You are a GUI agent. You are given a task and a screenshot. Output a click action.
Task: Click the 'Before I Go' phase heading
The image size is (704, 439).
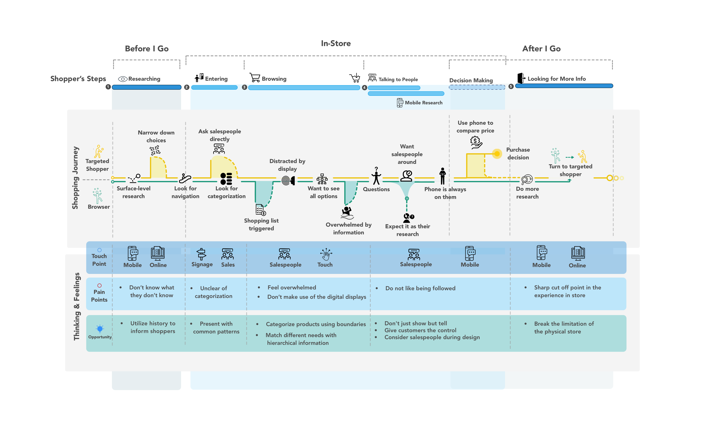147,49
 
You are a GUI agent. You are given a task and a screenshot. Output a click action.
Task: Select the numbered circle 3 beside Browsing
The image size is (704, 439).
244,87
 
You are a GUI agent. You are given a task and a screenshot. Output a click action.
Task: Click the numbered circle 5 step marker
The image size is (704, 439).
511,86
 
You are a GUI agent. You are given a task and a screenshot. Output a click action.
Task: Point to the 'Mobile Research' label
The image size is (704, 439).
423,103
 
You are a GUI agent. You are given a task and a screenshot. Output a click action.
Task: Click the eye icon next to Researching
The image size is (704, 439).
123,79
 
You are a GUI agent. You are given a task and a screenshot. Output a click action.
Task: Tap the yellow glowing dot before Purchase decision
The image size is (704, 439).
497,154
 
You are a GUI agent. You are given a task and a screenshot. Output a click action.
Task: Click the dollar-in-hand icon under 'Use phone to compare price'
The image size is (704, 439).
476,142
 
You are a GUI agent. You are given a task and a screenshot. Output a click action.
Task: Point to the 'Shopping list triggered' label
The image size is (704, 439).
261,224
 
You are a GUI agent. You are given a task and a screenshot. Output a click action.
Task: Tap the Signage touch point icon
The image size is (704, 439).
201,254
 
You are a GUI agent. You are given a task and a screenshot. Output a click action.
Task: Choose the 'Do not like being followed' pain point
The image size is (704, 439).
420,288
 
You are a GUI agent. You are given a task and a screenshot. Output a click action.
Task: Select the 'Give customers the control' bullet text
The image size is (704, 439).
420,330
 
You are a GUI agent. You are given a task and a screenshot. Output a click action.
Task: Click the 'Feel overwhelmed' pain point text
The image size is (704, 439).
292,287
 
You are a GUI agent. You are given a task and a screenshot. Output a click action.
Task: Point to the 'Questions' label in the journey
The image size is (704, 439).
376,189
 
